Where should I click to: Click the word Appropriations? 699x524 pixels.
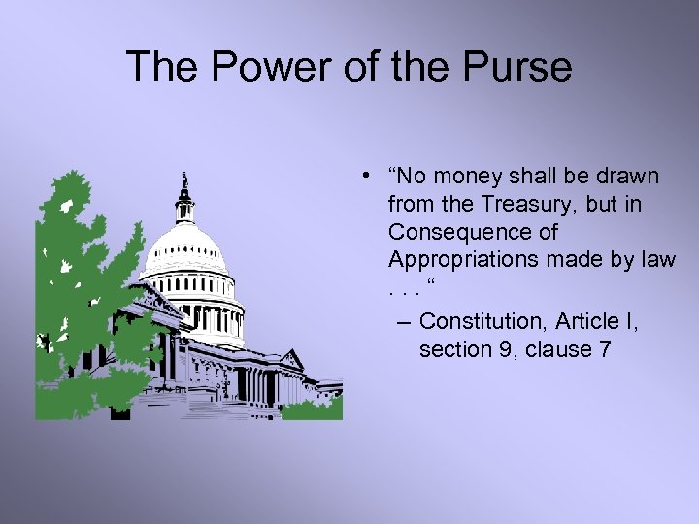tap(466, 260)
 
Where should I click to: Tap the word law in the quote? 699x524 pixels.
tap(656, 260)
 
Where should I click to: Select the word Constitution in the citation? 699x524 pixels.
tap(481, 320)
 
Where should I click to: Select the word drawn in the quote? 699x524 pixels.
tap(629, 177)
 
